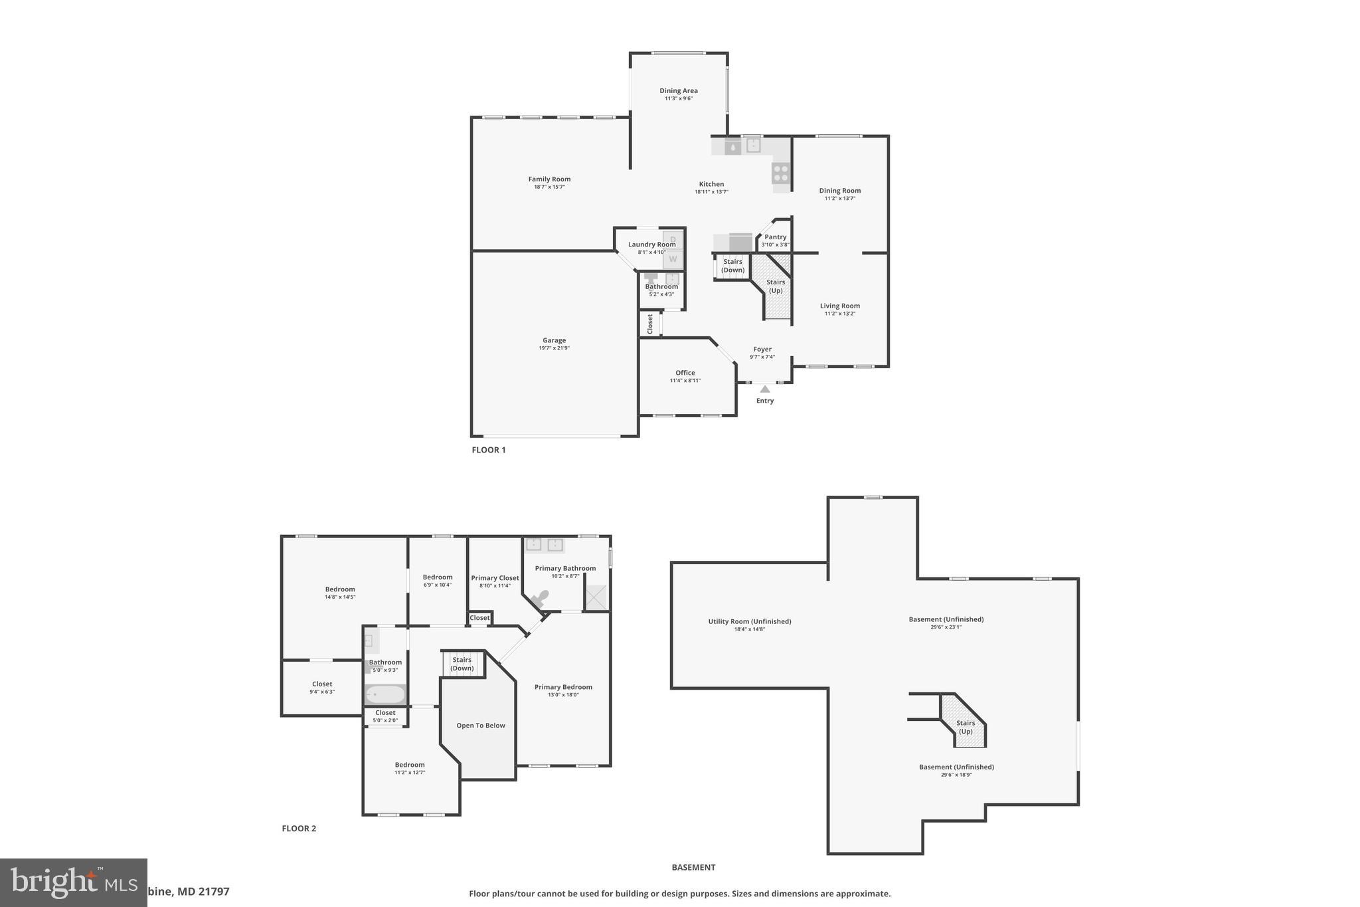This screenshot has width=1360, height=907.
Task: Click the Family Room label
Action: click(x=549, y=179)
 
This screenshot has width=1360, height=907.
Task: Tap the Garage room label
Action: click(x=554, y=340)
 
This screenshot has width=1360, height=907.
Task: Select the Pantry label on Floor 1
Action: click(x=775, y=237)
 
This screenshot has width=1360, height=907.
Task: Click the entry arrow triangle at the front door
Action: click(x=765, y=389)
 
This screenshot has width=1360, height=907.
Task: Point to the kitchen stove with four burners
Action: click(x=781, y=173)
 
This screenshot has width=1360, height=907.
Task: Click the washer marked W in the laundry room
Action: click(x=673, y=259)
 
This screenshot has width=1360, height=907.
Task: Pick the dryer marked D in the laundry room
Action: click(x=673, y=239)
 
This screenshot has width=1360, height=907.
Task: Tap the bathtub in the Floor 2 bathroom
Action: click(x=385, y=695)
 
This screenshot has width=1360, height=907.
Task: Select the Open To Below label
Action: click(x=481, y=726)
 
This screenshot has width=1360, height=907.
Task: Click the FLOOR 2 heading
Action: click(x=299, y=829)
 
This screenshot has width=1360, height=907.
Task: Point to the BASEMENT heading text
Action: click(x=693, y=867)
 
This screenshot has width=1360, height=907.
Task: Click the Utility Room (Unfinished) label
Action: click(x=749, y=622)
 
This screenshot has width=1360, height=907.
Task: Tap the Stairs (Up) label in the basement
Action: click(x=966, y=727)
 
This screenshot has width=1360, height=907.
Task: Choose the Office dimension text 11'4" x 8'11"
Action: click(x=685, y=381)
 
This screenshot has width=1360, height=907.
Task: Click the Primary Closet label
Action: click(x=495, y=578)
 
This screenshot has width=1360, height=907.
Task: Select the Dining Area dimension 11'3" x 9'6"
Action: click(x=679, y=98)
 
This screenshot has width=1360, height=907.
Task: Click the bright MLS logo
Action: click(x=73, y=882)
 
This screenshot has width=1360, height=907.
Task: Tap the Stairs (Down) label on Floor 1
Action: click(x=733, y=266)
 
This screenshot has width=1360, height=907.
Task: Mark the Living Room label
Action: click(x=839, y=306)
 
